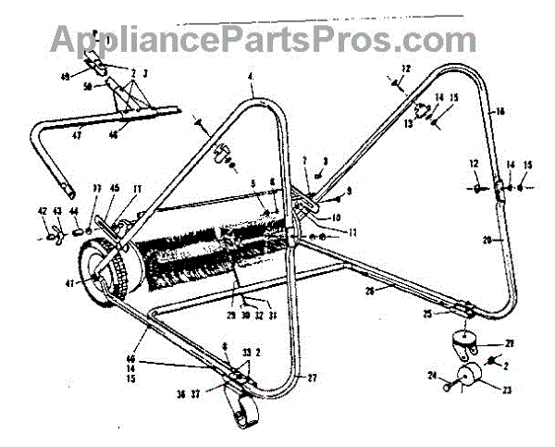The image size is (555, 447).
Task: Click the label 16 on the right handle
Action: (x=500, y=111)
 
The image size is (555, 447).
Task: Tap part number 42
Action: (x=43, y=212)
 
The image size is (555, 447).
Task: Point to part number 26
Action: (x=369, y=291)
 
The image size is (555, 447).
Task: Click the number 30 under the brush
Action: (x=244, y=315)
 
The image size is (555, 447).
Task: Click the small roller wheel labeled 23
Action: (x=468, y=379)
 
